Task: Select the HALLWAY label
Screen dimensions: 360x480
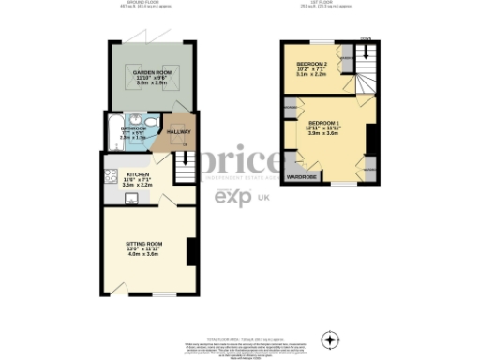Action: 178,131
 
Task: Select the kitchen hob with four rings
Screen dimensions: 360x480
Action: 111,174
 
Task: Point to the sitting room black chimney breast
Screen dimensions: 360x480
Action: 191,251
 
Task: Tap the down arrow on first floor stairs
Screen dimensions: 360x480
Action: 365,41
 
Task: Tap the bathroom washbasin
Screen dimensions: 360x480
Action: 137,119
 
